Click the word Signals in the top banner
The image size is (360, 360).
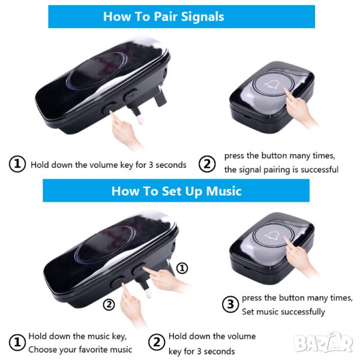203,17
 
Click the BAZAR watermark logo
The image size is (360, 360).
323,343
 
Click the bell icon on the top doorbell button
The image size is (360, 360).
273,85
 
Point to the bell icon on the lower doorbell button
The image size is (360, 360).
274,236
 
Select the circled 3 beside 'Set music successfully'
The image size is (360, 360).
230,304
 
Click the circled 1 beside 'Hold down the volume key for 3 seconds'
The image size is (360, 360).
17,164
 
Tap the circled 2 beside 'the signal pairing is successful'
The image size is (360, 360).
207,164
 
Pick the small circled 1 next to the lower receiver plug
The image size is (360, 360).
182,268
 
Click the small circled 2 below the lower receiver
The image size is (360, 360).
109,305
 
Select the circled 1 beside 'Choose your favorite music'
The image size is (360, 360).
17,343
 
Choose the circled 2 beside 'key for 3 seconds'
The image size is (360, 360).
157,343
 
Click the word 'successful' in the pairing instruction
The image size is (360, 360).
319,170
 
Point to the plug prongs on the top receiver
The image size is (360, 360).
146,106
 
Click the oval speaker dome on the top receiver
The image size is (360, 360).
97,70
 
